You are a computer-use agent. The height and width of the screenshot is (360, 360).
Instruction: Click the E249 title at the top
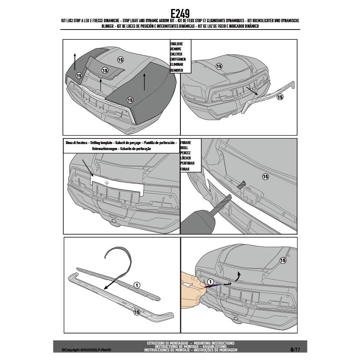[180, 13]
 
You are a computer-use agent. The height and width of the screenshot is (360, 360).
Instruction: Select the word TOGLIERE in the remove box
[177, 44]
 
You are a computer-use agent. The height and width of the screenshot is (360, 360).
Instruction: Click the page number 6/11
[295, 349]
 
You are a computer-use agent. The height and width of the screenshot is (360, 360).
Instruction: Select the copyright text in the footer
[86, 349]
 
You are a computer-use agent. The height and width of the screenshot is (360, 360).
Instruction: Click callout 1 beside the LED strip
[137, 285]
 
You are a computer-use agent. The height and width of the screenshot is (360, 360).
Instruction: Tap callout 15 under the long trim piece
[136, 312]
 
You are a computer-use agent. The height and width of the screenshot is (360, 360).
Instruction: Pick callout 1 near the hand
[210, 282]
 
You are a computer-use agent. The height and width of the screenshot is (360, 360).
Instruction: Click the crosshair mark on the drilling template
[107, 183]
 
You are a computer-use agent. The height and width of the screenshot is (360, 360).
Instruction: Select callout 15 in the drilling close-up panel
[265, 177]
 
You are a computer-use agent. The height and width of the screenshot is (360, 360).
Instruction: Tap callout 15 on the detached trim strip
[280, 97]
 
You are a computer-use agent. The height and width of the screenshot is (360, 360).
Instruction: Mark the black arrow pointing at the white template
[88, 167]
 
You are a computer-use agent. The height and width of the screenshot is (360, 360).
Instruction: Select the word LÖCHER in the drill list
[186, 158]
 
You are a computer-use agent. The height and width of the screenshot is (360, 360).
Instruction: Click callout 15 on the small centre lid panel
[105, 70]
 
